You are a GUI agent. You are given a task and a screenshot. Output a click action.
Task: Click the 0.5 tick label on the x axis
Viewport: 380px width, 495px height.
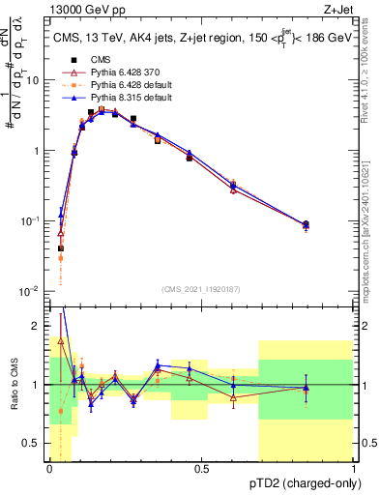click(x=201, y=470)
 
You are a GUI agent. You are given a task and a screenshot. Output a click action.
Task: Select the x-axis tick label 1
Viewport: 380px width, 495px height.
click(x=353, y=470)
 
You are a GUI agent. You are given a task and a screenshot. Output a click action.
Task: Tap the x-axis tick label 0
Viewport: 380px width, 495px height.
click(x=49, y=470)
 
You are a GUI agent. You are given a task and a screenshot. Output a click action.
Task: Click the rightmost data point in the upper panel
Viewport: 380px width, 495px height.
click(x=307, y=225)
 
